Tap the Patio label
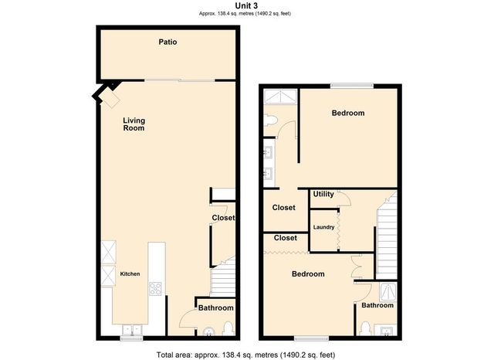[x=167, y=42]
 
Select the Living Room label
[x=134, y=124]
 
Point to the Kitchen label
[x=128, y=273]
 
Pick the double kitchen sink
[x=129, y=328]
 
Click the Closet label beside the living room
[x=223, y=218]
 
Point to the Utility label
[x=323, y=194]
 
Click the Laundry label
[x=323, y=227]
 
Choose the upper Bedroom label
[x=347, y=113]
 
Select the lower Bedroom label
[x=307, y=274]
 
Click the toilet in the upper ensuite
[x=270, y=120]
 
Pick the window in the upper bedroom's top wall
[x=352, y=86]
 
